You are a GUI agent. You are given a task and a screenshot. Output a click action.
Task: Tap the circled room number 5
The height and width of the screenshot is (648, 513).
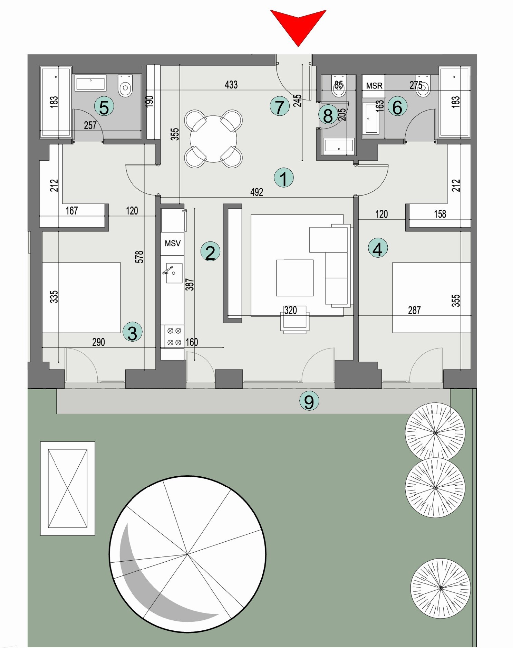pos(104,107)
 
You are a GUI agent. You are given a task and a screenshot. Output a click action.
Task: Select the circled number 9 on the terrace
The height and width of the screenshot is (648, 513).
pos(309,401)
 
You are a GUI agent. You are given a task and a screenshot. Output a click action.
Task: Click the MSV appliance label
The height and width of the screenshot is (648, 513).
pos(172,244)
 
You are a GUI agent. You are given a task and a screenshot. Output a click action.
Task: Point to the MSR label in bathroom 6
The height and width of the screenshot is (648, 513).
pos(374,86)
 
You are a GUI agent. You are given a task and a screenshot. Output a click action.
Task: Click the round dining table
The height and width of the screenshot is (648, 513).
pos(213,139)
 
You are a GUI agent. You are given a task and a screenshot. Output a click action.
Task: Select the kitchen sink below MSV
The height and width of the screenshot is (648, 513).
pos(174,273)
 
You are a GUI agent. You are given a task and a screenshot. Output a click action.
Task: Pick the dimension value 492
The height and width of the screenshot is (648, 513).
pos(256,192)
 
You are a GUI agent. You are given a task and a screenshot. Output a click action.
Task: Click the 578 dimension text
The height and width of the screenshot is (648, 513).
pos(139,257)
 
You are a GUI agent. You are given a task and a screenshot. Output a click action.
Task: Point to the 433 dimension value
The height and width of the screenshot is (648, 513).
pos(231,85)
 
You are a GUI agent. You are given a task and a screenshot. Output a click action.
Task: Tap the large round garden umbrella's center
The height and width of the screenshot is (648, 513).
pos(187,554)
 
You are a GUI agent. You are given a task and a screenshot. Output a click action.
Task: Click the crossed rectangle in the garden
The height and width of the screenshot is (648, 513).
pos(68,488)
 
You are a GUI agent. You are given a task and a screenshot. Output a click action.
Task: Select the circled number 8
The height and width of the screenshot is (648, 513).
pos(328,115)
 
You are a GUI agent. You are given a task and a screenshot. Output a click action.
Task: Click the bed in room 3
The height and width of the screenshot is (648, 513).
pos(81,297)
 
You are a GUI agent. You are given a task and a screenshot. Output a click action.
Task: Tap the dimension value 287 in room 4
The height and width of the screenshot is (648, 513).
pos(414,310)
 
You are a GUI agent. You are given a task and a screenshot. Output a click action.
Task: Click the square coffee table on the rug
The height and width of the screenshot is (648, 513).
pos(294,278)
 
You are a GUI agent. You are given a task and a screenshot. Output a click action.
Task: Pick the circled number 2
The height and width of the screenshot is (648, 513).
pos(210,252)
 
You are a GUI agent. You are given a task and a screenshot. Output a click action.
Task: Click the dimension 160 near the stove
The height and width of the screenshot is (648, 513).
pos(192,342)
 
